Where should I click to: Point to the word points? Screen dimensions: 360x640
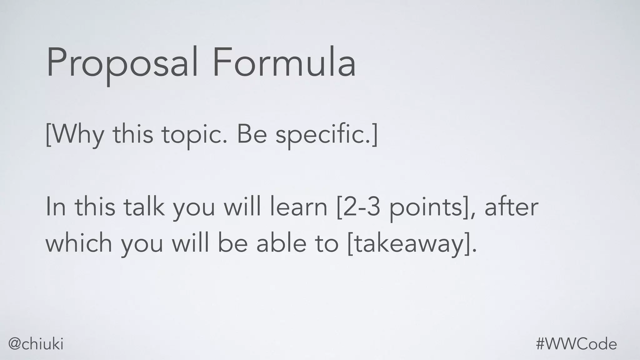[x=427, y=207]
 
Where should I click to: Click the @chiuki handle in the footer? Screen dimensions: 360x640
[x=36, y=344]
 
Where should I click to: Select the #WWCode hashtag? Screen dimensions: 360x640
[x=576, y=344]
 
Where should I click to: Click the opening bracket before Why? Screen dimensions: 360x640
[x=48, y=134]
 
